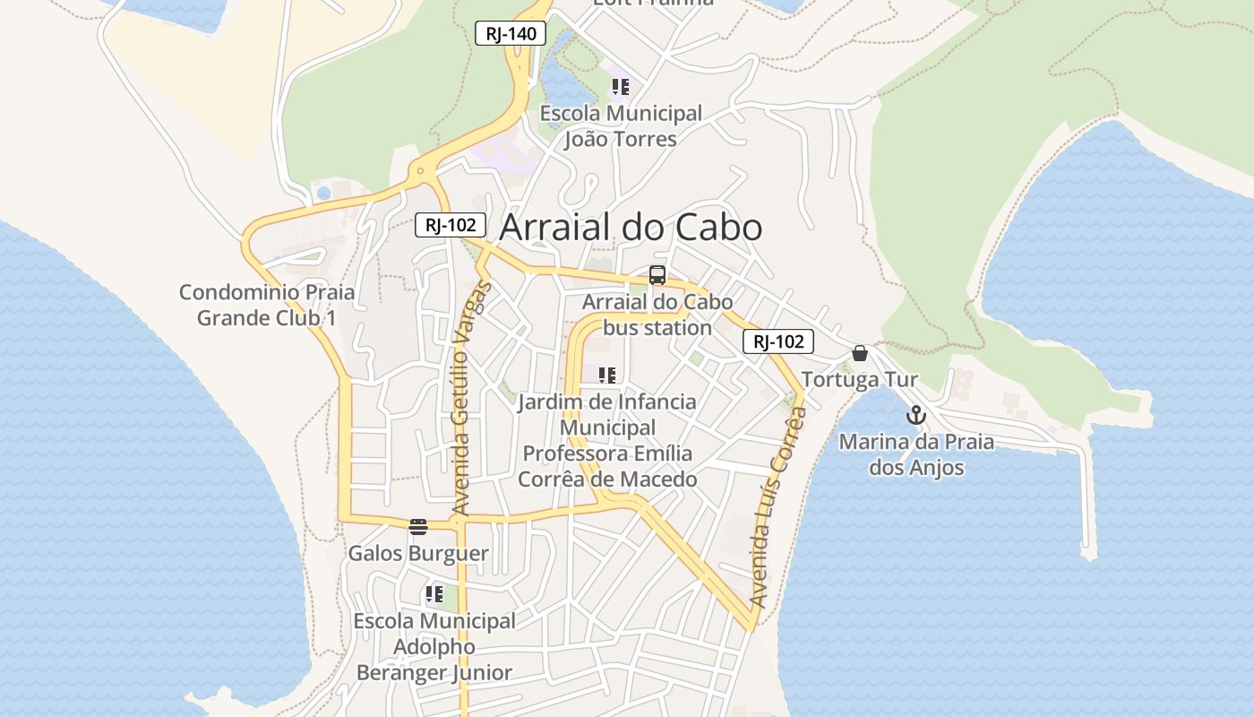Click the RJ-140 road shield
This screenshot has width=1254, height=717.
click(510, 34)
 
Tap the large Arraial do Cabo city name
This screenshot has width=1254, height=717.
click(631, 227)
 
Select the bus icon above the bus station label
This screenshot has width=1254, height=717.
click(657, 275)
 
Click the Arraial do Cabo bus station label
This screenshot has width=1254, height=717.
click(657, 315)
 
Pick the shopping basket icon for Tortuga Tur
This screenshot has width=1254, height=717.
click(860, 353)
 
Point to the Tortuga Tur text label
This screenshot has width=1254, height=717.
click(859, 380)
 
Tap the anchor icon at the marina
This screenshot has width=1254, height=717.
click(915, 415)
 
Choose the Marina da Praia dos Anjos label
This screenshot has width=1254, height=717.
click(916, 454)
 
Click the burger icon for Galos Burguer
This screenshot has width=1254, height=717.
click(418, 526)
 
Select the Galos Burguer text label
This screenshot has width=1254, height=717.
click(418, 553)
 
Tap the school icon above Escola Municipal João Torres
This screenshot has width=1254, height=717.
click(620, 87)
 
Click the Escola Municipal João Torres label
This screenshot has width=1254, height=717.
click(621, 126)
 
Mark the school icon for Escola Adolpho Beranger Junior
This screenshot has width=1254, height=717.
click(434, 593)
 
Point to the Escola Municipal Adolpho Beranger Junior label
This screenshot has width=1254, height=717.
click(434, 646)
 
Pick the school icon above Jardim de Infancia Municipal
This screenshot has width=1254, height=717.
click(607, 375)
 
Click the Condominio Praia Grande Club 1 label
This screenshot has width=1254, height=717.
click(267, 305)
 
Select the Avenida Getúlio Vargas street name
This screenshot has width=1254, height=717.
click(471, 399)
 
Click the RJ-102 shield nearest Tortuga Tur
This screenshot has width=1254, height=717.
click(777, 341)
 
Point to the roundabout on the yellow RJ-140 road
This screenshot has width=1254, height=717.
click(419, 170)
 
